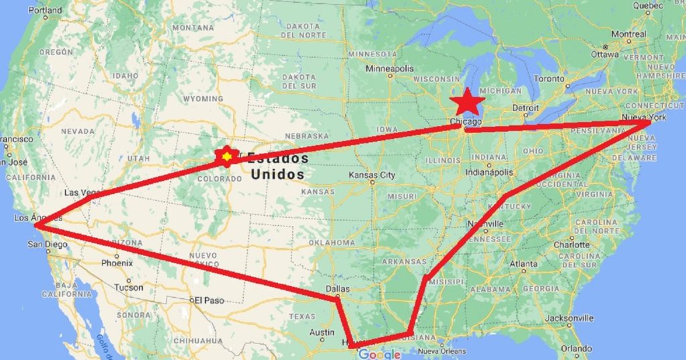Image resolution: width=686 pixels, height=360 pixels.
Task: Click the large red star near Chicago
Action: point(467,103)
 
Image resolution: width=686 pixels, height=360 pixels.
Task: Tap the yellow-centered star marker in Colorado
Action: point(227,156)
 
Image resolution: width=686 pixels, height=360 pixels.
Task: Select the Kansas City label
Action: point(372,175)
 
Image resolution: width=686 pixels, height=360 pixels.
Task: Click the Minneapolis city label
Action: point(389,68)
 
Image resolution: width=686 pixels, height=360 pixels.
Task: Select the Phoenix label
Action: point(117,263)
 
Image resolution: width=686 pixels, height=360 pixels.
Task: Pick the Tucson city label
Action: point(129,287)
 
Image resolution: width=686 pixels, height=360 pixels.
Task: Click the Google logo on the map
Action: point(379,354)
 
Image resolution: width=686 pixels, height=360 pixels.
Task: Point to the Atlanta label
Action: point(523,264)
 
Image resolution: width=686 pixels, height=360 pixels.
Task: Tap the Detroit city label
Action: point(525,107)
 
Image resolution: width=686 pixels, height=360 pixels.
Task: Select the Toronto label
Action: point(550,79)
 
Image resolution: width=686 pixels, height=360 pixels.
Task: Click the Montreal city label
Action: point(629,34)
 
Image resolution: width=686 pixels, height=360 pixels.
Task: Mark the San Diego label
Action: point(48,245)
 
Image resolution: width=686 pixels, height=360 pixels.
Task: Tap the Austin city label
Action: point(322,332)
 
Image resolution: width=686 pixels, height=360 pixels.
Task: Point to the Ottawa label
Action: point(605,54)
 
